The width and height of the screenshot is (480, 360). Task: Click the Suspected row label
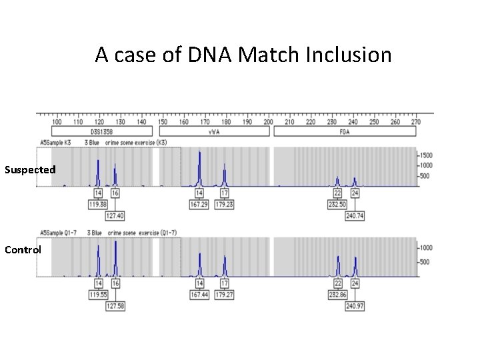(30, 170)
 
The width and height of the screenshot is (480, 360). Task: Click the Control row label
(23, 250)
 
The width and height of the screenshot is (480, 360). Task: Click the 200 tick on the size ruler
(268, 122)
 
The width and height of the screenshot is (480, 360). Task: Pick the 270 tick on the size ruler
(415, 122)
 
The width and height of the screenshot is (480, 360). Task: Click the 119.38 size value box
(98, 204)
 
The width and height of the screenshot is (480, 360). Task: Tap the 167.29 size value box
(199, 204)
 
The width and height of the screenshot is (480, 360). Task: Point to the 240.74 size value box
(356, 215)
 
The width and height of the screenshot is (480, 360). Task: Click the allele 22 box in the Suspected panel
(338, 193)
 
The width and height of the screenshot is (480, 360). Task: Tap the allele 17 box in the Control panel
(225, 283)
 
